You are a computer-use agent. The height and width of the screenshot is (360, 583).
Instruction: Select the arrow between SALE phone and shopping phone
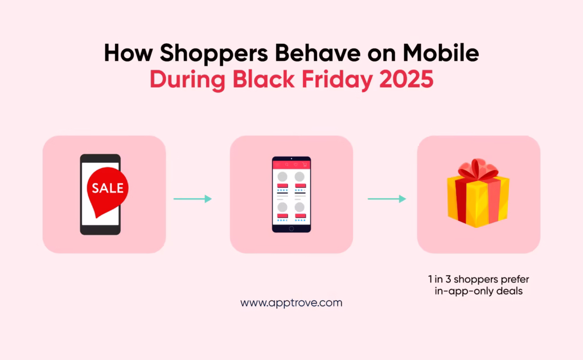192,199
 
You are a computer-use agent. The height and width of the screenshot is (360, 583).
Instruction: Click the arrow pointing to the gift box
387,199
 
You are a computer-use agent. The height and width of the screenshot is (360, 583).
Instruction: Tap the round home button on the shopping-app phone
291,228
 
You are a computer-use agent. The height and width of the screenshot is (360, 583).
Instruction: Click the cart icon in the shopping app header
305,165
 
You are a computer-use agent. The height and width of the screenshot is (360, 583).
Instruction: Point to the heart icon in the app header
295,165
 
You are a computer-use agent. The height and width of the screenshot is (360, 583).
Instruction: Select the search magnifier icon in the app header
286,165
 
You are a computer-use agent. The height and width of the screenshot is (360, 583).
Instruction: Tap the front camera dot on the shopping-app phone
291,158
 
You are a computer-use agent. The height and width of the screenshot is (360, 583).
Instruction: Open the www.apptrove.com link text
291,303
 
